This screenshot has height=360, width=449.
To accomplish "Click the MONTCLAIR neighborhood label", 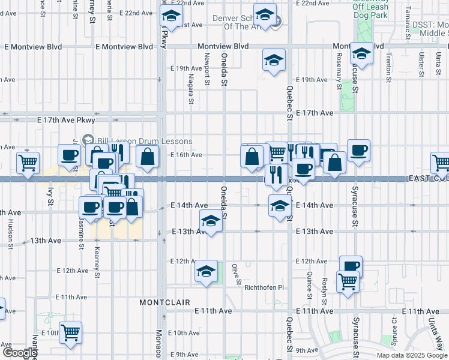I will pyautogui.click(x=165, y=302).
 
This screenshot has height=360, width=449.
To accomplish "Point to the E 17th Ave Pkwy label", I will pyautogui.click(x=66, y=120).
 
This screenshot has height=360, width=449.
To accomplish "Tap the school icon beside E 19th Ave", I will pyautogui.click(x=274, y=60).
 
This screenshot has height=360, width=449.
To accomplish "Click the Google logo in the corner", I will pyautogui.click(x=20, y=353).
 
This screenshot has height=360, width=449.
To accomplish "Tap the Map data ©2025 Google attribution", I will pyautogui.click(x=412, y=355).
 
